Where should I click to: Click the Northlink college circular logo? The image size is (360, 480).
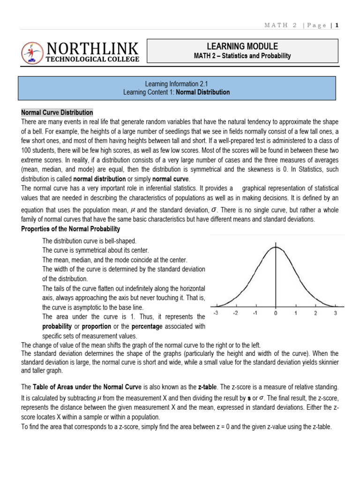click(x=32, y=53)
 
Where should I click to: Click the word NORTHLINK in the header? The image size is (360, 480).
click(x=92, y=48)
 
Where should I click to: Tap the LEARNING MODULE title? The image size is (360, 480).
click(x=242, y=46)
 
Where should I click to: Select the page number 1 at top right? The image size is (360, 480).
click(x=337, y=26)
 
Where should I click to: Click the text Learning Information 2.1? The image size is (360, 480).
click(x=176, y=84)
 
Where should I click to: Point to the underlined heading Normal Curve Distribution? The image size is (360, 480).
click(x=57, y=112)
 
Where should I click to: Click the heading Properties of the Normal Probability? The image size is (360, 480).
click(x=71, y=229)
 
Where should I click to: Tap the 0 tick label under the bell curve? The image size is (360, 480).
click(x=276, y=313)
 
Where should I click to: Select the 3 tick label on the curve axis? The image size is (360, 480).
click(x=336, y=313)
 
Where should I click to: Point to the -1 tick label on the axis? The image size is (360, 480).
click(x=255, y=313)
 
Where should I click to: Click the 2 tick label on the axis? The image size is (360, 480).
click(x=315, y=313)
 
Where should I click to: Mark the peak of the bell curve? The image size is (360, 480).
click(x=276, y=247)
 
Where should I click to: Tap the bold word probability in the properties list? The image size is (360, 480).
click(x=57, y=326)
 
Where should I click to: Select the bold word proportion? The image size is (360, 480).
click(x=97, y=326)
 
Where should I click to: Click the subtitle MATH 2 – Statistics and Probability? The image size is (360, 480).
click(x=242, y=56)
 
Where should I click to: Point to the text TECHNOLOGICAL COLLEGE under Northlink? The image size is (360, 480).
click(x=92, y=60)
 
